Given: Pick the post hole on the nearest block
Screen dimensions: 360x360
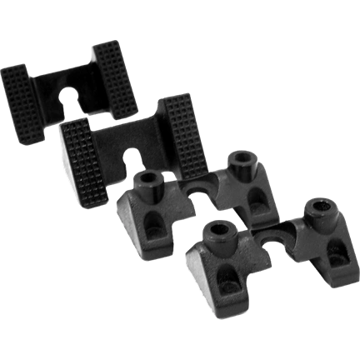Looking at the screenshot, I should coord(218,231).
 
